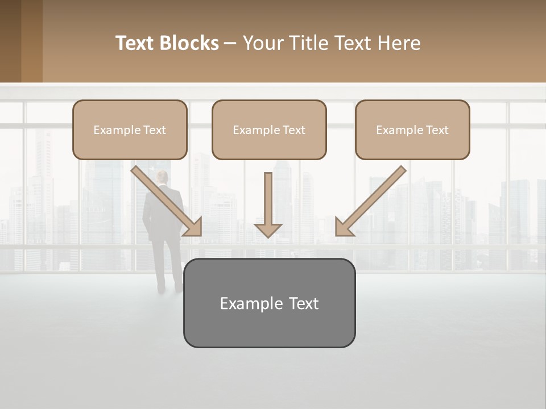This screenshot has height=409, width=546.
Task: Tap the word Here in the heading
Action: pyautogui.click(x=399, y=43)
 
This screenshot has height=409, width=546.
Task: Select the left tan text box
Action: pyautogui.click(x=130, y=130)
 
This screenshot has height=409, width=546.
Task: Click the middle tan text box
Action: pyautogui.click(x=269, y=130)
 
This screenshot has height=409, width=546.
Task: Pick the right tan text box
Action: pyautogui.click(x=412, y=130)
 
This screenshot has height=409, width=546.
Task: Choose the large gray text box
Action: pyautogui.click(x=269, y=303)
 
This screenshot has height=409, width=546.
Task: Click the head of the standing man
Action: pyautogui.click(x=163, y=177)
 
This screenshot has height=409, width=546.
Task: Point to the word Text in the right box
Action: pyautogui.click(x=437, y=130)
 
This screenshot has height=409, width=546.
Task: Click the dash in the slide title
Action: pyautogui.click(x=230, y=44)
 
